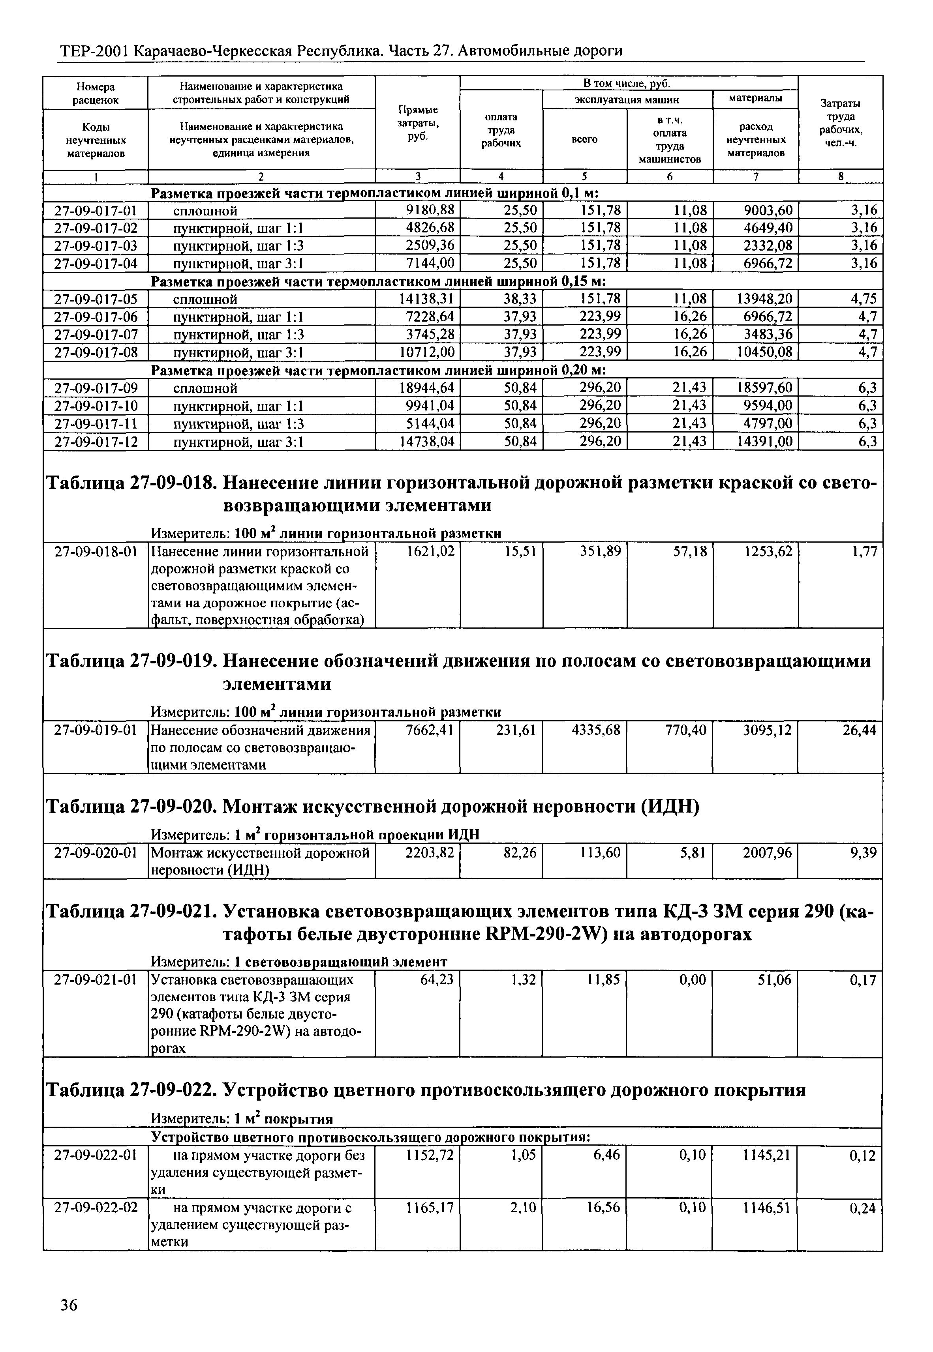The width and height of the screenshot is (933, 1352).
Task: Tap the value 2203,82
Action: (430, 853)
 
